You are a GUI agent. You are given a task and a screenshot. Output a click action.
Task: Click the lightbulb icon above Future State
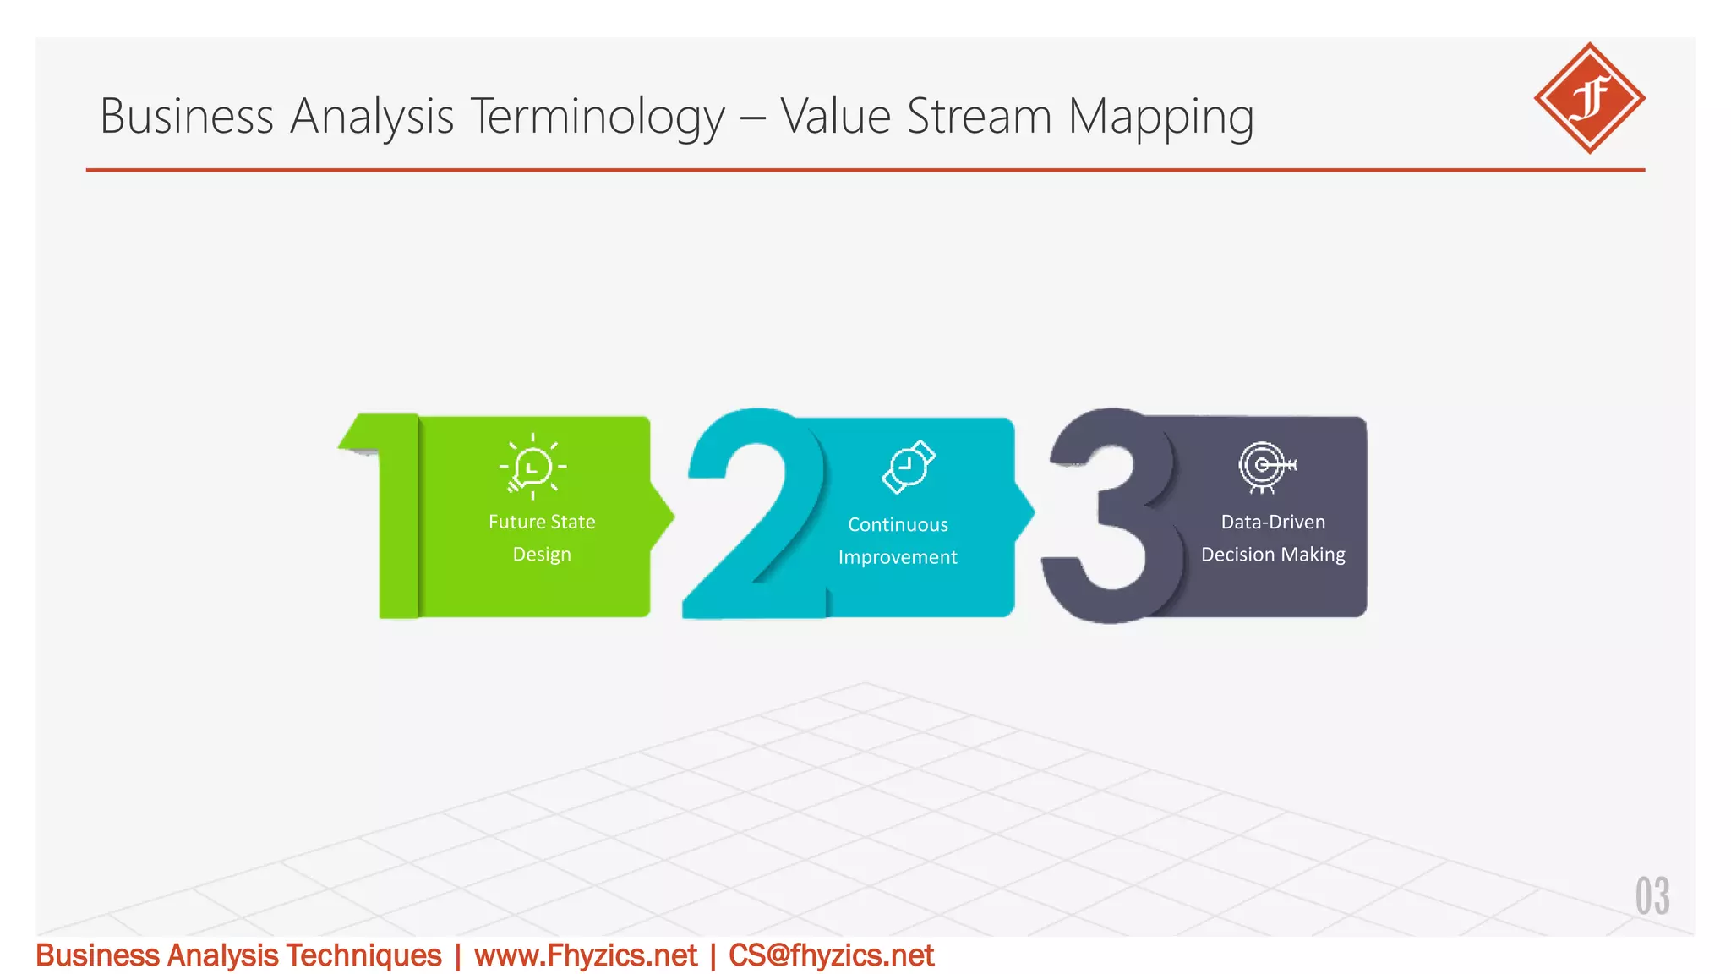pos(532,466)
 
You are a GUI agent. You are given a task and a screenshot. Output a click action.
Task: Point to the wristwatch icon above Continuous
pos(908,466)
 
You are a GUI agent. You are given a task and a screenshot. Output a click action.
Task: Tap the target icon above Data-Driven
pos(1265,466)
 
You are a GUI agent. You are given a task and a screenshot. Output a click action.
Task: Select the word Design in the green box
pos(542,555)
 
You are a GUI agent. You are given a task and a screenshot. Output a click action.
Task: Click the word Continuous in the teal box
pos(898,524)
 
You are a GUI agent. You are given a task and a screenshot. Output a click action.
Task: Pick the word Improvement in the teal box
pos(898,557)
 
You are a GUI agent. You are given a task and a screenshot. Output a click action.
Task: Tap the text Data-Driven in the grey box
pos(1273,522)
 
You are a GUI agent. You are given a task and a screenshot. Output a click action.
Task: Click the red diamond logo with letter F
pos(1589,98)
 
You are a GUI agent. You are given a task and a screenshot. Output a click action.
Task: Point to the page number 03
pos(1652,896)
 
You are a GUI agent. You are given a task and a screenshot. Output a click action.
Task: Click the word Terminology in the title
pos(597,117)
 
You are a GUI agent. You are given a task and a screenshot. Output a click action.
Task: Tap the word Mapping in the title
pos(1160,117)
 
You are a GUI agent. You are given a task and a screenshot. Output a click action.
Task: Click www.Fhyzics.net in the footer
pos(586,955)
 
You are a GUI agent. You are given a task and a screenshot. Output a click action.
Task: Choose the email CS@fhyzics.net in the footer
pos(831,955)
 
